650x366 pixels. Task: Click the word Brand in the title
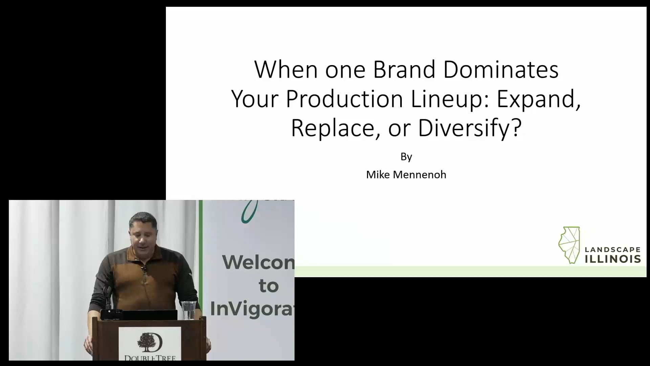click(x=404, y=69)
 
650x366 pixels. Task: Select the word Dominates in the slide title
click(x=501, y=69)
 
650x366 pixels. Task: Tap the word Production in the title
click(x=344, y=99)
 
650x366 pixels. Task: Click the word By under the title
click(x=406, y=157)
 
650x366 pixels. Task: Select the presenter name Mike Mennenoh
click(x=406, y=175)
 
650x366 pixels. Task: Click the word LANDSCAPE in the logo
click(x=612, y=250)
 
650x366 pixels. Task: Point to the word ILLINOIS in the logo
click(x=612, y=259)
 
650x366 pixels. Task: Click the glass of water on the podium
click(x=189, y=310)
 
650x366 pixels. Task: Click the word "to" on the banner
click(x=268, y=286)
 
